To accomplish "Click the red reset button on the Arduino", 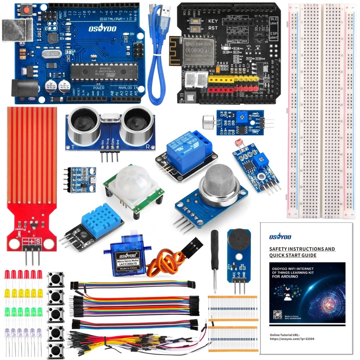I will click(x=26, y=11).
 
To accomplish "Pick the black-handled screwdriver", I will click(x=215, y=252).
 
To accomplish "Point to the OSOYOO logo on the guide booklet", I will click(x=280, y=237).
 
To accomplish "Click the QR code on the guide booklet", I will click(x=278, y=314).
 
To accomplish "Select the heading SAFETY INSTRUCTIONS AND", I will click(x=302, y=249).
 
